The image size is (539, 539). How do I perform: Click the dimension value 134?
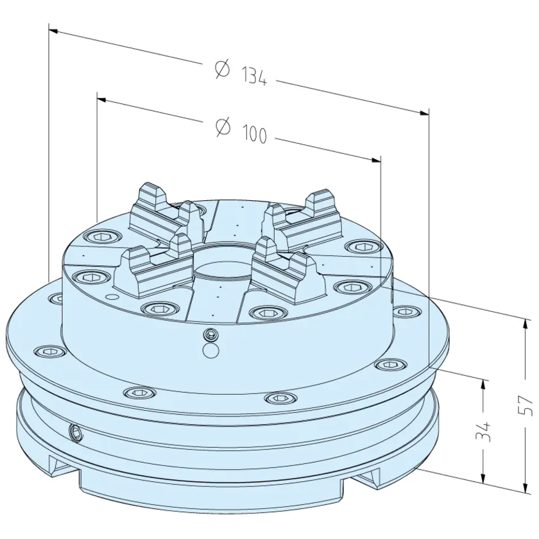[254, 76]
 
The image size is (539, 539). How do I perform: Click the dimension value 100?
[255, 133]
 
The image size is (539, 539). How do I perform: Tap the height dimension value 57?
[527, 406]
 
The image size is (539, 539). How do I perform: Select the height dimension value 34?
[483, 432]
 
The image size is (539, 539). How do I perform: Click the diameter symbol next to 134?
[222, 69]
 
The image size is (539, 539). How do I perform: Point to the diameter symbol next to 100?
[223, 127]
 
